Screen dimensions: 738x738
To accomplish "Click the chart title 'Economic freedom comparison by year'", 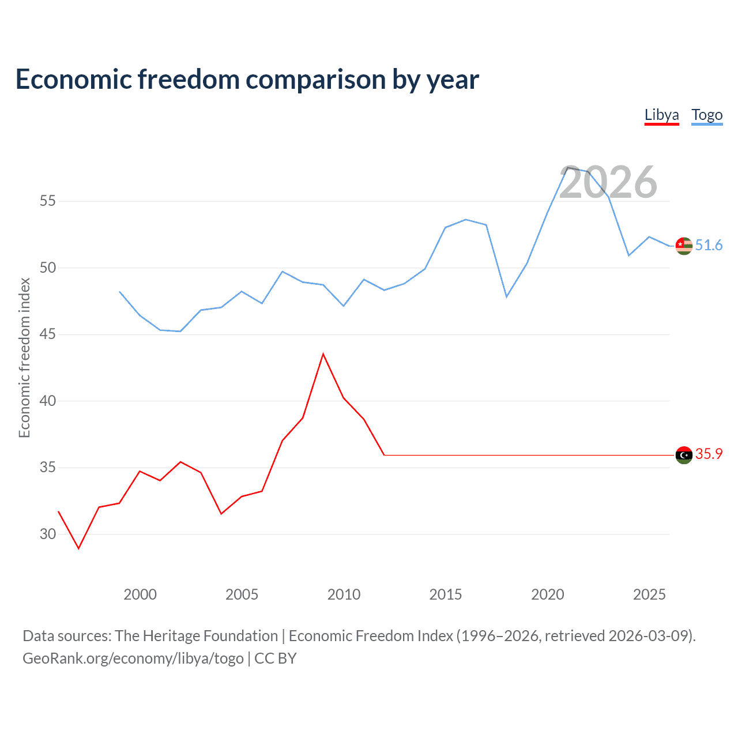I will coord(247,80).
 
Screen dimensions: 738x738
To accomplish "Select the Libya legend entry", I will coord(661,115).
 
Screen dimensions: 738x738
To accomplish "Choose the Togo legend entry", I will coord(707,115).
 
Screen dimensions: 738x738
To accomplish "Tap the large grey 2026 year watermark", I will coord(608,182).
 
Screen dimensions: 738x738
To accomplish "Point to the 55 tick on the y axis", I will coord(48,201).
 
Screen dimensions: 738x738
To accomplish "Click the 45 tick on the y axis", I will coord(48,334).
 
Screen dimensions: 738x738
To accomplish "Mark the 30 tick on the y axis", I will coord(48,534).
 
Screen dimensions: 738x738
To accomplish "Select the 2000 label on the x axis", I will coord(140,594).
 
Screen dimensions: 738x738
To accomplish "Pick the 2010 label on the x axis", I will coord(344,594).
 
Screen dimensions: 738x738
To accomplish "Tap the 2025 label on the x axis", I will coord(649,594).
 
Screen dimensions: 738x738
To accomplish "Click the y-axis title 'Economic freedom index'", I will coord(24,357).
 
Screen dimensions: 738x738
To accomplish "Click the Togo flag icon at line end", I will coord(684,246).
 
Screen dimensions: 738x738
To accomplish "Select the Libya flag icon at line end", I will coord(684,455).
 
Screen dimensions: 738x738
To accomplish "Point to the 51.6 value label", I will coord(709,246).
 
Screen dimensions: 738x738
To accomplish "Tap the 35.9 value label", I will coord(709,454).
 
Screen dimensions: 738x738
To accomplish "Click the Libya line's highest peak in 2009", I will coord(323,354).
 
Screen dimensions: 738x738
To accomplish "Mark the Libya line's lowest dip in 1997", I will coord(79,548).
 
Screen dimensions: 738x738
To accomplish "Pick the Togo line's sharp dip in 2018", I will coord(506,296).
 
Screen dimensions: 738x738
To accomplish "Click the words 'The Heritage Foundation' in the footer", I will coord(196,636).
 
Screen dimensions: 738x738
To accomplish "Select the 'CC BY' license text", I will coord(275,658).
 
